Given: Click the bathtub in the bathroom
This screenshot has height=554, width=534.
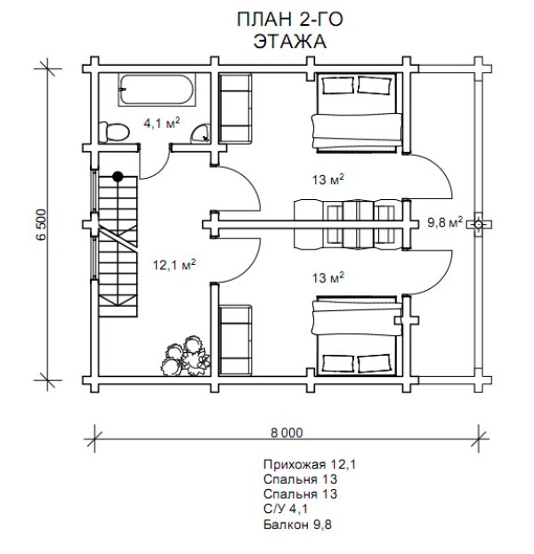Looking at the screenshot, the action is (157, 90).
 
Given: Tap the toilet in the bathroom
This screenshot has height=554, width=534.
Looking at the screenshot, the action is (114, 132).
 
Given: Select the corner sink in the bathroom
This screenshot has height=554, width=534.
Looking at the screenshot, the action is (201, 134).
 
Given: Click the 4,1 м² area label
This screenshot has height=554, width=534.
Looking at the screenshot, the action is (162, 124).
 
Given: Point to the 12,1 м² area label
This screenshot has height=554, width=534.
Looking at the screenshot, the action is (174, 265).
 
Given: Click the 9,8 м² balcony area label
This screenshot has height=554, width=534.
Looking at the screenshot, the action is (445, 222).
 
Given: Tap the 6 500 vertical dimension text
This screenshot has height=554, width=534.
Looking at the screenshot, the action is (41, 225).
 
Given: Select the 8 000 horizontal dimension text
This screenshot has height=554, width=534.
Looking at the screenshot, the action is (287, 433).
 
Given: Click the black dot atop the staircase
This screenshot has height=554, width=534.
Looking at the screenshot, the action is (117, 176).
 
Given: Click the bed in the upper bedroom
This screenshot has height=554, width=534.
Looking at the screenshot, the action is (357, 113).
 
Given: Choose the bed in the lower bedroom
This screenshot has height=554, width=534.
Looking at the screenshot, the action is (357, 336).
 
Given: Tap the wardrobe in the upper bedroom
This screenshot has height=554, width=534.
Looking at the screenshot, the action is (235, 108).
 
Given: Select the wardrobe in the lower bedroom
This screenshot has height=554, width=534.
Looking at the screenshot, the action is (235, 341).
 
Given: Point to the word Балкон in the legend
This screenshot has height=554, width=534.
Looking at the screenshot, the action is (286, 525).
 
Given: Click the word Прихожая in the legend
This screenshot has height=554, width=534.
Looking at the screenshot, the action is (295, 464).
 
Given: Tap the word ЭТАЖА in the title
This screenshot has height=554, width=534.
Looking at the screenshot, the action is (289, 41).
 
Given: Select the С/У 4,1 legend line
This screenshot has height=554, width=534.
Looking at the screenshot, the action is (286, 510).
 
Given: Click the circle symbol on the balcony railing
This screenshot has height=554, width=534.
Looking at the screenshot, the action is (478, 224).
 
